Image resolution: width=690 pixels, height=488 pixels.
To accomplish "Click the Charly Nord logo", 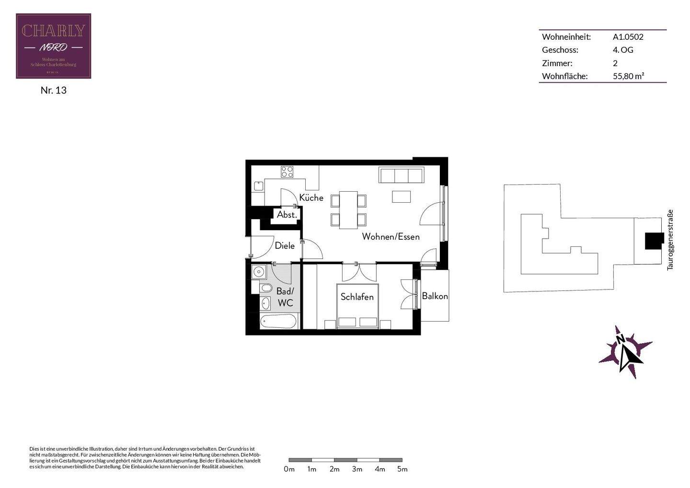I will pyautogui.click(x=53, y=46).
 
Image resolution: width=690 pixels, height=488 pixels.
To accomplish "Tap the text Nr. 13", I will pyautogui.click(x=53, y=90).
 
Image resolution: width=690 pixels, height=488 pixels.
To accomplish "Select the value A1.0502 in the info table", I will pyautogui.click(x=628, y=37).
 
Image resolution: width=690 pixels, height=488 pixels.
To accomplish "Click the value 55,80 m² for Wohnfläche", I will pyautogui.click(x=628, y=76).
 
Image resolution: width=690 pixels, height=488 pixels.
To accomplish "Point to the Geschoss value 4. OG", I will pyautogui.click(x=623, y=50).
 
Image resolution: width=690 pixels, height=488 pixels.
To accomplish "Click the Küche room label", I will pyautogui.click(x=311, y=198).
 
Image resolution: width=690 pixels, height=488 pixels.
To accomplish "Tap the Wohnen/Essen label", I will pyautogui.click(x=391, y=236).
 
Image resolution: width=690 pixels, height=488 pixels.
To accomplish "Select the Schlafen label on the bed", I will pyautogui.click(x=357, y=297).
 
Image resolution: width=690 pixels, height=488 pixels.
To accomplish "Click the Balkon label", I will pyautogui.click(x=435, y=296).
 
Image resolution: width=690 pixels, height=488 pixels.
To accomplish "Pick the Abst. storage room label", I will pyautogui.click(x=287, y=215).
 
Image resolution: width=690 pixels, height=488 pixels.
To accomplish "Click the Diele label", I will pyautogui.click(x=285, y=246).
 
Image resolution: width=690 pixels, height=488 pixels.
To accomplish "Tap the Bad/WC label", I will pyautogui.click(x=285, y=297).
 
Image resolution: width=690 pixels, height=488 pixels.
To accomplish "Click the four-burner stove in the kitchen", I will pyautogui.click(x=287, y=172).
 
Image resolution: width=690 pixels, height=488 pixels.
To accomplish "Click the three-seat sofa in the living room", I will pyautogui.click(x=402, y=175).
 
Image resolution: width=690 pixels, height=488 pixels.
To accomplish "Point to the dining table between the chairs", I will pyautogui.click(x=348, y=210).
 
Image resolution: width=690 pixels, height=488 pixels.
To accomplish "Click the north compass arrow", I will pyautogui.click(x=625, y=352).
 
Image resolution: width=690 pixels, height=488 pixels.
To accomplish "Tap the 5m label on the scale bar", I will pyautogui.click(x=402, y=469).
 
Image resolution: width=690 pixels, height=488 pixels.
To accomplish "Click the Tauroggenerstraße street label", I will pyautogui.click(x=670, y=240).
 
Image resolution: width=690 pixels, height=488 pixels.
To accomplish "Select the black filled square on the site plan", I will pyautogui.click(x=654, y=241).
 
